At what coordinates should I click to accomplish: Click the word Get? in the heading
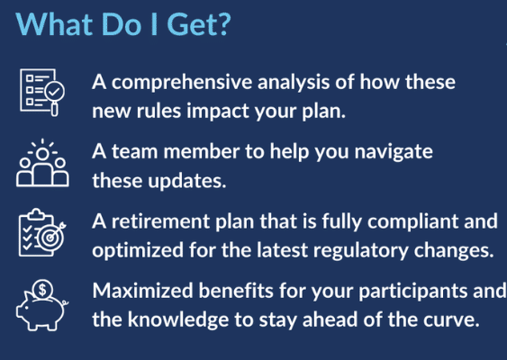[199, 24]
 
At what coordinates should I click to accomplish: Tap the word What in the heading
[54, 24]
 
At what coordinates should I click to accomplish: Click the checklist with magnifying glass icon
[42, 93]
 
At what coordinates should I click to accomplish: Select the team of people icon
[42, 163]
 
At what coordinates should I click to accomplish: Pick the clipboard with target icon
[42, 233]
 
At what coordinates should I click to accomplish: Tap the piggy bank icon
[42, 305]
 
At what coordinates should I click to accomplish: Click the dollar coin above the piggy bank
[42, 289]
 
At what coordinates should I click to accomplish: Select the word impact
[218, 112]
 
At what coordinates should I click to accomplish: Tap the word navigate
[394, 152]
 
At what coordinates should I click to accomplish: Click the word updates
[187, 181]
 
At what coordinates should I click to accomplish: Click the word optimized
[138, 251]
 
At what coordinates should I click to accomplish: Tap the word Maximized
[143, 291]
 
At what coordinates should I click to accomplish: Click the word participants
[413, 292]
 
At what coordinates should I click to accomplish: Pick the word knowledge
[178, 319]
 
